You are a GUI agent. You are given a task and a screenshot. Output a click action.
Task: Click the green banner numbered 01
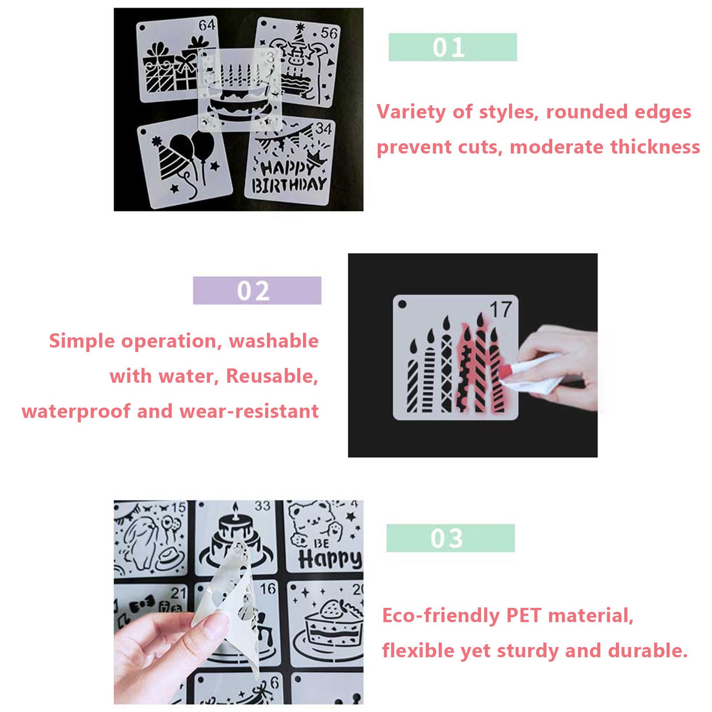point(453,47)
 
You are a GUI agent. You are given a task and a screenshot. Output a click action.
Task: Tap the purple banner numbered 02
point(257,291)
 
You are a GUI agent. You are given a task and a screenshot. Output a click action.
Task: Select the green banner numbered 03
point(450,538)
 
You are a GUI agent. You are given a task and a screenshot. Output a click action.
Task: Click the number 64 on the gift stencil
point(207,25)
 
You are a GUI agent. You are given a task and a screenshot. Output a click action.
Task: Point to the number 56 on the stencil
point(329,33)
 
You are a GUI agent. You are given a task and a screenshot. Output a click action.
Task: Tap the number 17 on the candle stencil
point(501,309)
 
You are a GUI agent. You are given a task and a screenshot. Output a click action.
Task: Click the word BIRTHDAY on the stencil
point(289,185)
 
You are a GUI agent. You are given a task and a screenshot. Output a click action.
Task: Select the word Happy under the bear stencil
point(330,558)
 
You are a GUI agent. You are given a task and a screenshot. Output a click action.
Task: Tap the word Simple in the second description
point(81,342)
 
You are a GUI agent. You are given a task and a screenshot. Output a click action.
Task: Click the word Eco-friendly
point(441,616)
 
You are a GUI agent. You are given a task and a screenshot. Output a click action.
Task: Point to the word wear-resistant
point(249,411)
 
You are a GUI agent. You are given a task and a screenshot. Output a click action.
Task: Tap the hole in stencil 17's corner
point(402,304)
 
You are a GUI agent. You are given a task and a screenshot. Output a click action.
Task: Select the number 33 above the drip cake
point(263,506)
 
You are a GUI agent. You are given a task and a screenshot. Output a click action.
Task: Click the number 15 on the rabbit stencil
point(178,507)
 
